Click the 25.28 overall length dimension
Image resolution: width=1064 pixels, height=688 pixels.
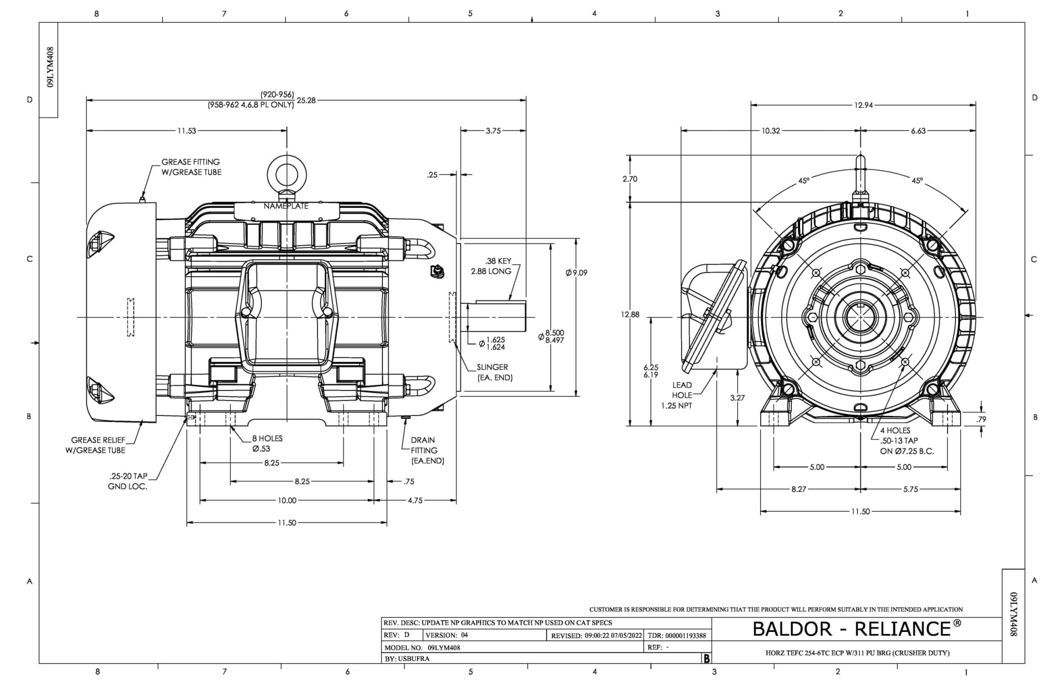click(306, 100)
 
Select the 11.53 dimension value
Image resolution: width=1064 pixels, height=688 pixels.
click(187, 131)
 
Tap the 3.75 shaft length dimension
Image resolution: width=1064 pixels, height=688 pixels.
click(493, 131)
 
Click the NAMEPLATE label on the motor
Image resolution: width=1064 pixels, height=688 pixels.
click(286, 206)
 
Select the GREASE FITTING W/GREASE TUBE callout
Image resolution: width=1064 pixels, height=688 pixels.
click(191, 167)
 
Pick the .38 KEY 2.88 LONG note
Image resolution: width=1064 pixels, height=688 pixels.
click(491, 266)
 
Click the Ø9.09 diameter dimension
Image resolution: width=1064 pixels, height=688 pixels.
click(576, 273)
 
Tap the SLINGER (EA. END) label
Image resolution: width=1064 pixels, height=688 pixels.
click(494, 372)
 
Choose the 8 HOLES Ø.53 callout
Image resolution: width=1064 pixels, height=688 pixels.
click(267, 443)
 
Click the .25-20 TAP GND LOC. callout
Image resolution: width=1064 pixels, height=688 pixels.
click(128, 481)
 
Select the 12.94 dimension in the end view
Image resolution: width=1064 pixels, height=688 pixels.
click(863, 105)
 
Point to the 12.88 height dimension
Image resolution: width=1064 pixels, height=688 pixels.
click(630, 314)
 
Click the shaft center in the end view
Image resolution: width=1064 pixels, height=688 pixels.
click(861, 317)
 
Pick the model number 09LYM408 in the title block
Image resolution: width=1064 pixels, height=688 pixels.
click(444, 647)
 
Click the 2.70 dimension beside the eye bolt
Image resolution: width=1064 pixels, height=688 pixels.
click(630, 179)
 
